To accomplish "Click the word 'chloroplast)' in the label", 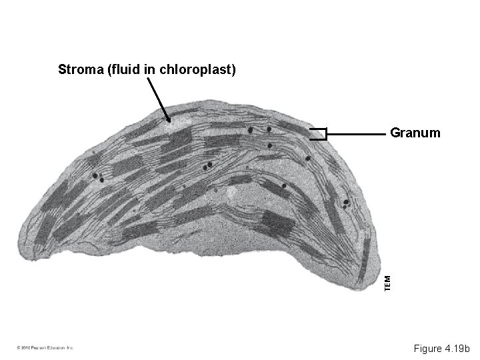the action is click(198, 69).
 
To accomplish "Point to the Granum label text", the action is click(415, 133).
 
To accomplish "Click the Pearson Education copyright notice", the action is click(45, 348).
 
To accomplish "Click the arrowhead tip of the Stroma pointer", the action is click(170, 122).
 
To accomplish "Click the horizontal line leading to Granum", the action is click(357, 135).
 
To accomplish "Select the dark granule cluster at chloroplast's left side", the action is click(98, 177).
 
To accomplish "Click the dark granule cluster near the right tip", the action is click(346, 202).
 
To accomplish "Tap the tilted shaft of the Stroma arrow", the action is click(157, 99).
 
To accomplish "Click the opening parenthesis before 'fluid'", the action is click(109, 69).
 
